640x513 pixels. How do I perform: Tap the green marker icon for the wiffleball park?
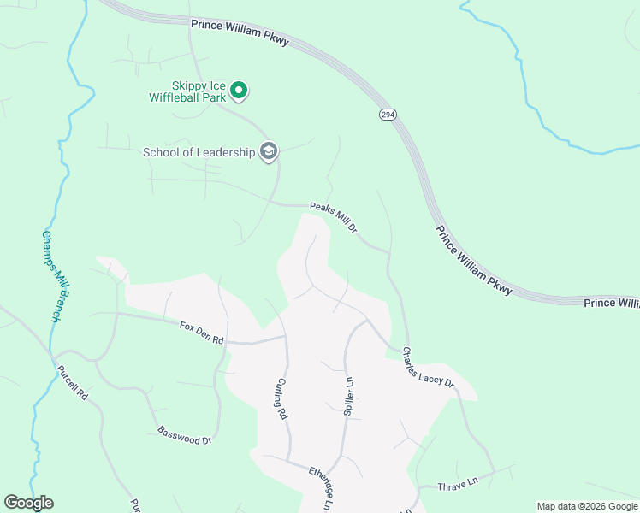240,90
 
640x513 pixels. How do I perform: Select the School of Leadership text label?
199,152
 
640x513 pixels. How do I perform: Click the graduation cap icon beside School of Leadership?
270,152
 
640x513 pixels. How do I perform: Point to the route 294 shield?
387,115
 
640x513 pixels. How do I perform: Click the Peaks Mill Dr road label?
333,218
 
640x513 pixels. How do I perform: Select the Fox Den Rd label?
202,333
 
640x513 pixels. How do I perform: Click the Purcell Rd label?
72,384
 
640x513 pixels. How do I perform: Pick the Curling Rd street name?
281,400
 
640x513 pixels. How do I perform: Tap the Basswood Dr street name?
184,435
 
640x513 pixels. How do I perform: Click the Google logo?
28,503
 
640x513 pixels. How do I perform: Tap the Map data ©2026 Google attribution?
587,506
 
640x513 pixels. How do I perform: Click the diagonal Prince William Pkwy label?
473,261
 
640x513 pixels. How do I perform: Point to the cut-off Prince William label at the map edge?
611,304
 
